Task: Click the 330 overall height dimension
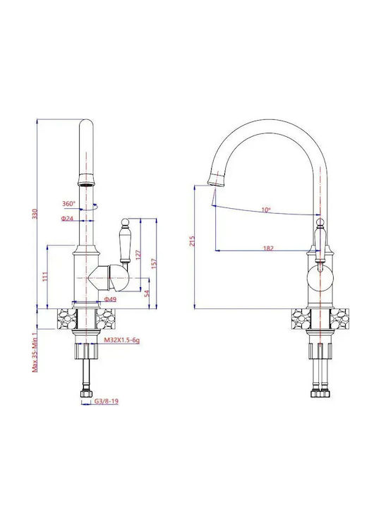tap(35, 214)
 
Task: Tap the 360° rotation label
tap(68, 204)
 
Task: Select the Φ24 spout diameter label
tap(68, 219)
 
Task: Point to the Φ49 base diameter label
tap(110, 299)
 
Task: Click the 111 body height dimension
tap(45, 277)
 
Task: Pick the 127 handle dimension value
tap(138, 255)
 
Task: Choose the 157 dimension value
tap(154, 263)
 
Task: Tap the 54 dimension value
tap(147, 294)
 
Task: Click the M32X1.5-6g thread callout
tap(122, 340)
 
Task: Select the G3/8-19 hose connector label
tap(107, 401)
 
